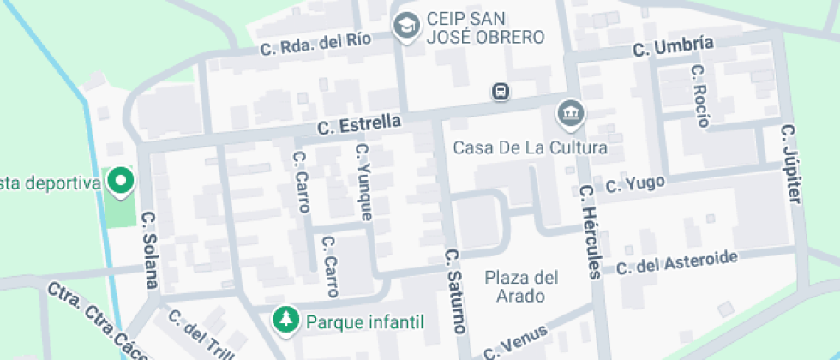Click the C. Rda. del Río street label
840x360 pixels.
tap(316, 44)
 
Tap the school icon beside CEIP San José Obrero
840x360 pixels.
tap(405, 26)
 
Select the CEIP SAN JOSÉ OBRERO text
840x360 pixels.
tap(485, 27)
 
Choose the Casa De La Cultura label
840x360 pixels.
tap(531, 147)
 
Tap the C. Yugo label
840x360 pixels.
tap(635, 184)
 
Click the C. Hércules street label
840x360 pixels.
tap(591, 231)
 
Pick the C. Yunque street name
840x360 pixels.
tap(363, 182)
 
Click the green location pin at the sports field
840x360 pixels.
tap(121, 181)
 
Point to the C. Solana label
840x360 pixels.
tap(149, 249)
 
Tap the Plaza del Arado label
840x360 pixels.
tap(521, 286)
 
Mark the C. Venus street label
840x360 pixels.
tap(514, 342)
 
